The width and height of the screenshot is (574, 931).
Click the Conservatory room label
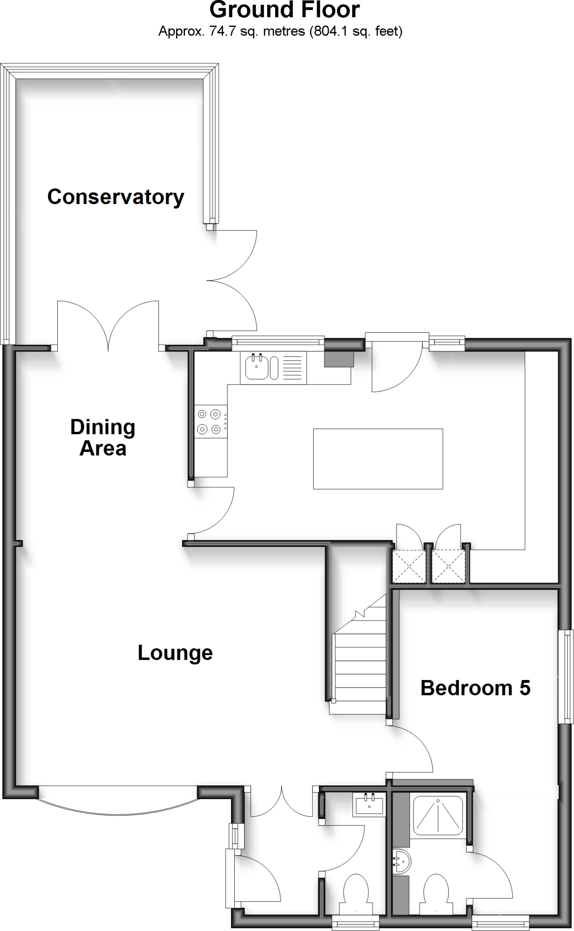click(116, 197)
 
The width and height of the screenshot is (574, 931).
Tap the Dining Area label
click(103, 438)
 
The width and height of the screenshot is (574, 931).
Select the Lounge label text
click(175, 653)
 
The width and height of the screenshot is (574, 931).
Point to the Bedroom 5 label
click(475, 688)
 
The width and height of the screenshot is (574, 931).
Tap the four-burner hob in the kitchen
click(210, 421)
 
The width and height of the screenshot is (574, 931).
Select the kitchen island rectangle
click(378, 459)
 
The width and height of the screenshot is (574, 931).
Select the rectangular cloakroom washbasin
click(369, 805)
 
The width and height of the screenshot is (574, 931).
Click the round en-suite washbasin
click(402, 861)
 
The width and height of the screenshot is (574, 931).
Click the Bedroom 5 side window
click(566, 676)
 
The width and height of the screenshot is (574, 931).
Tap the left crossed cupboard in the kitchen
click(409, 566)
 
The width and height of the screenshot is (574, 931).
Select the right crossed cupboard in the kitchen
click(448, 566)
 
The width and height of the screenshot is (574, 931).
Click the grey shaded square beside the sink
click(339, 359)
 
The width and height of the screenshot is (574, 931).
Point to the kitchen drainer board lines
click(292, 368)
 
